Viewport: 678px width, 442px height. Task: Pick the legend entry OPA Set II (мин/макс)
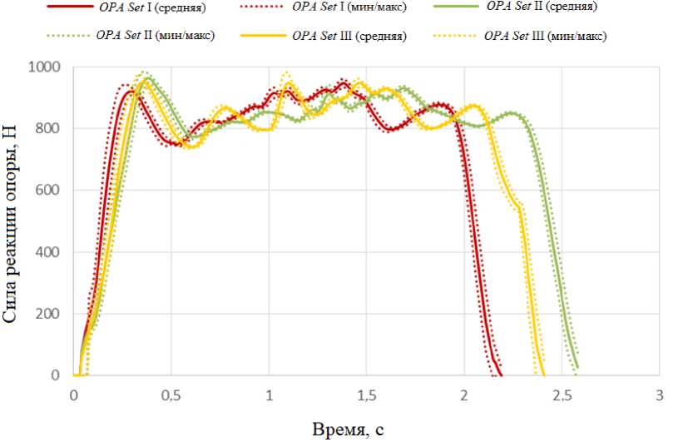click(x=155, y=36)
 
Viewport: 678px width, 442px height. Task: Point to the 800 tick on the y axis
click(x=49, y=128)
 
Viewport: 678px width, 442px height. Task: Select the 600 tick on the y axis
click(x=49, y=190)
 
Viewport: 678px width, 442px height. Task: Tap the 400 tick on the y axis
click(x=49, y=251)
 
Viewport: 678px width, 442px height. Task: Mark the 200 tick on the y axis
click(x=49, y=314)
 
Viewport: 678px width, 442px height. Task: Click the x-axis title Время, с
click(x=349, y=430)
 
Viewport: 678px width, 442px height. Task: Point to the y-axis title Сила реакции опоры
click(x=12, y=221)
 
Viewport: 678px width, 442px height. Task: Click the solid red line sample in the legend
click(x=71, y=7)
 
